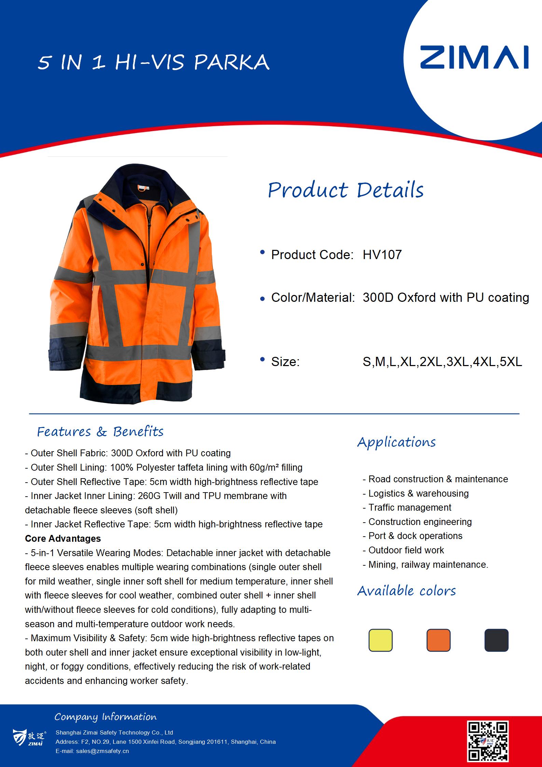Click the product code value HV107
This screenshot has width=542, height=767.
382,255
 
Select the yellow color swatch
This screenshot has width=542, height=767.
380,640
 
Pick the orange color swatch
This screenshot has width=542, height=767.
439,640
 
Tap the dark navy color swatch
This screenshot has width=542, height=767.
496,640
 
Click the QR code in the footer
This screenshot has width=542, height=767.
488,741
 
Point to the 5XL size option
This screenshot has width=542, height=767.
511,362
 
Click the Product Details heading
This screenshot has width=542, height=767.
346,190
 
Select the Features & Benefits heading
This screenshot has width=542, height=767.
100,432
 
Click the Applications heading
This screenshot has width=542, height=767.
397,442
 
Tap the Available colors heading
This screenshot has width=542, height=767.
406,591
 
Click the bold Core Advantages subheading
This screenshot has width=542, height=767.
63,539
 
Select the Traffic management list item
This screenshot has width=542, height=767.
409,508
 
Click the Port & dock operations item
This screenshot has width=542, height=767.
415,536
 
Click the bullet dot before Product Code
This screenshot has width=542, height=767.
262,253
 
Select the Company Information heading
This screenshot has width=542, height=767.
106,717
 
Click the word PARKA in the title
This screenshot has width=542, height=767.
232,63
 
